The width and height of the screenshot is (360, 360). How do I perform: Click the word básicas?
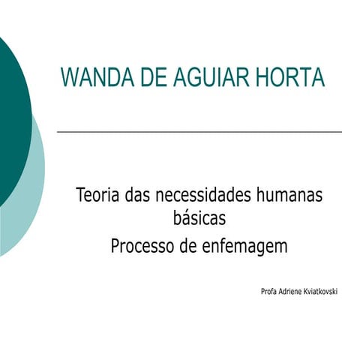pos(199,219)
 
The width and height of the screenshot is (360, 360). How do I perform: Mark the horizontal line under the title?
pos(199,131)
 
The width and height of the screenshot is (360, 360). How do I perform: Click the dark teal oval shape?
pos(11,112)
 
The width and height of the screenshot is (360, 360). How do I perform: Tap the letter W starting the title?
pos(68,77)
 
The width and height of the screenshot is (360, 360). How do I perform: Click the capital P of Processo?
pos(115,246)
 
